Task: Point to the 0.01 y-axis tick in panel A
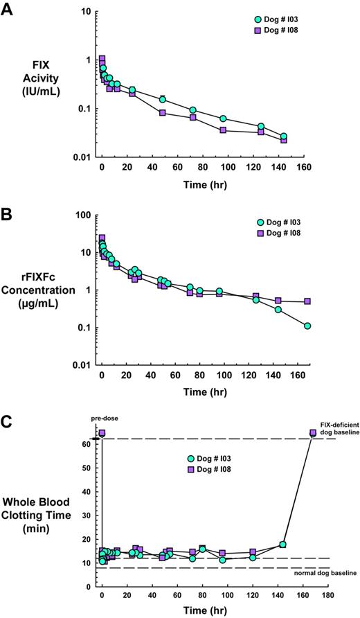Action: click(80, 157)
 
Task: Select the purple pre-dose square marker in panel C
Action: click(102, 433)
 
